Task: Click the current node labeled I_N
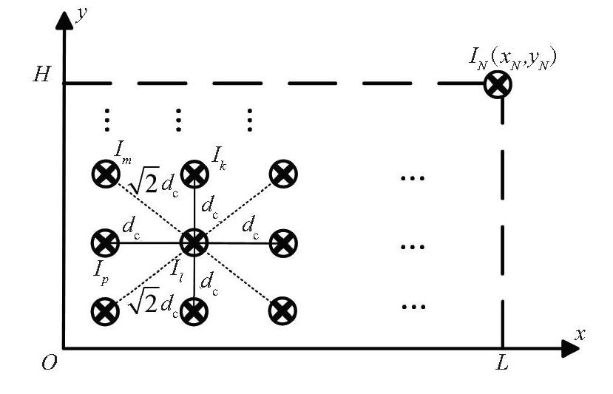click(498, 84)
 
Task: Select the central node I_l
click(194, 242)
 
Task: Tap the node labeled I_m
click(106, 174)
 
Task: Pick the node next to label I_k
click(194, 174)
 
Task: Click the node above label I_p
click(105, 242)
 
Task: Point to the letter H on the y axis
click(42, 73)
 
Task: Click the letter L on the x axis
click(501, 363)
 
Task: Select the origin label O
click(50, 363)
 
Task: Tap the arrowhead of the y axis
click(64, 20)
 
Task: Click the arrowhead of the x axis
click(570, 348)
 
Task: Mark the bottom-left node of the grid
click(105, 311)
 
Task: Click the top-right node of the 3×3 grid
click(283, 174)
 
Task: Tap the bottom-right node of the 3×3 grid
click(282, 310)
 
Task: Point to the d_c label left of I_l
click(131, 228)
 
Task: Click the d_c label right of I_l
click(251, 228)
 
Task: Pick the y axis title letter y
click(81, 16)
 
